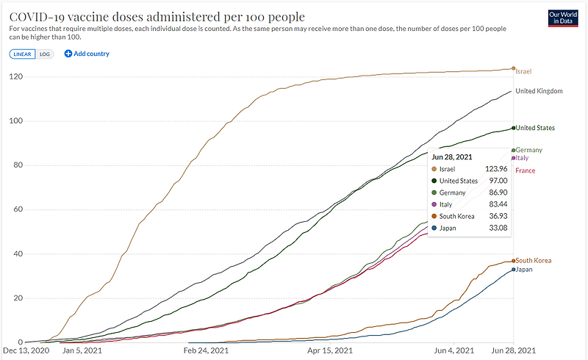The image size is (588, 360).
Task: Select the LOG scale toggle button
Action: [x=45, y=54]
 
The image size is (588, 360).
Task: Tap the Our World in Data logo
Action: [x=564, y=18]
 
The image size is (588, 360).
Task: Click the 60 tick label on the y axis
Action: [x=16, y=209]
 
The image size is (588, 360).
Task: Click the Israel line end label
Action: [x=523, y=71]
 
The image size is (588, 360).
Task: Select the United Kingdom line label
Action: [x=539, y=91]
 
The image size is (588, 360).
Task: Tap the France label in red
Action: [x=525, y=171]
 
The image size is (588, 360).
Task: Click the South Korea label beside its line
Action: [x=533, y=261]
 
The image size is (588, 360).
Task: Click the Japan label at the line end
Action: [x=523, y=270]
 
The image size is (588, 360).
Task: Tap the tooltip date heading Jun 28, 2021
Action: [x=452, y=156]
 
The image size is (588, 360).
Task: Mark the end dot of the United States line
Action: [x=513, y=129]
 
